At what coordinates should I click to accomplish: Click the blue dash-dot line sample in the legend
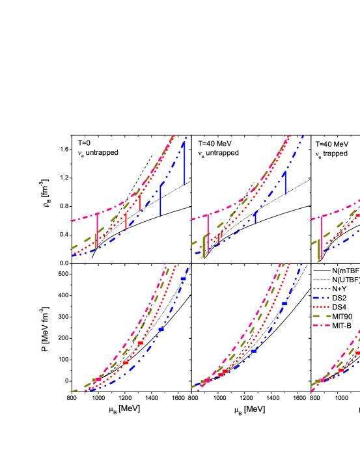tap(321, 298)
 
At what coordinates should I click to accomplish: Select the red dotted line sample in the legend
tap(321, 307)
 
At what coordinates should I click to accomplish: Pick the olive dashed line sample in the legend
tap(321, 316)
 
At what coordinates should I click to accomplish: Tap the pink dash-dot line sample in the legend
tap(321, 325)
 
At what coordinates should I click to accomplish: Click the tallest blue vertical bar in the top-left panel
tap(184, 164)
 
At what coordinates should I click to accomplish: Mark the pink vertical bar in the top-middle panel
tap(208, 233)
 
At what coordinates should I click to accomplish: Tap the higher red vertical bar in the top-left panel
tap(140, 201)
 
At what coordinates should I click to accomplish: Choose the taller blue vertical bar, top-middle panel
tap(284, 183)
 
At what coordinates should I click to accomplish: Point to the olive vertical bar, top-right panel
tap(318, 250)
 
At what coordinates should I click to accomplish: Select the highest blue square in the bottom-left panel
tap(183, 279)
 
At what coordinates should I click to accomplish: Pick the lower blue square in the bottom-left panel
tap(161, 330)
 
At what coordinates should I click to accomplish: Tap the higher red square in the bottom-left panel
tap(140, 343)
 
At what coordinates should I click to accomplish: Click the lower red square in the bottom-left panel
tap(126, 363)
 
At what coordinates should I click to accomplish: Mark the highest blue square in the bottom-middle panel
tap(284, 304)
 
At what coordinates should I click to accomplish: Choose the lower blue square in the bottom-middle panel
tap(253, 351)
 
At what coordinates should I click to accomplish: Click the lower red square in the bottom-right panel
tap(340, 370)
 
